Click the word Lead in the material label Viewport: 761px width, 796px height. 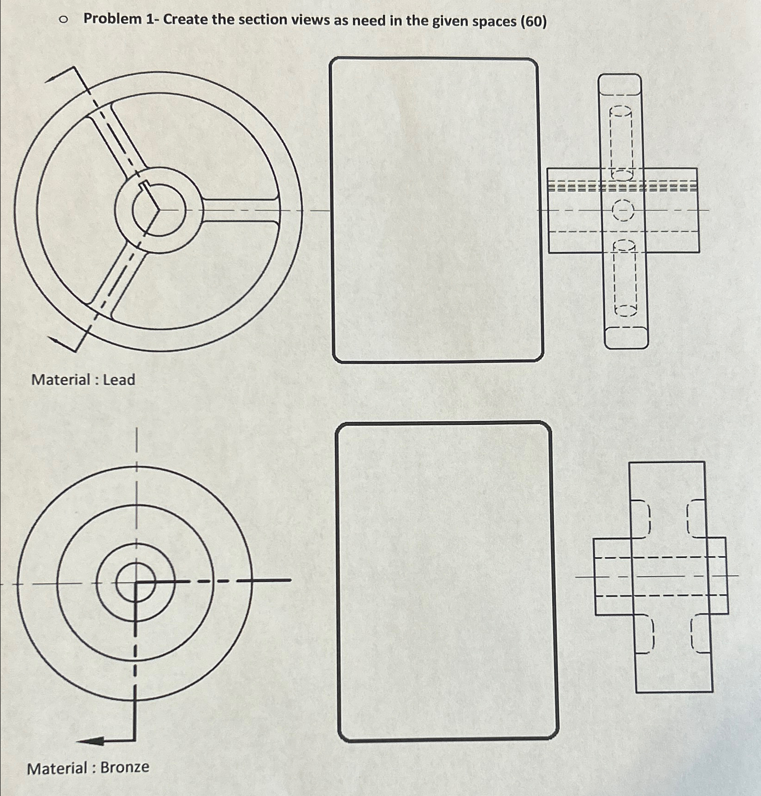[119, 380]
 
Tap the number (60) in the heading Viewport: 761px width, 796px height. [533, 21]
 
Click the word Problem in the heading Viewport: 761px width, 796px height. [112, 19]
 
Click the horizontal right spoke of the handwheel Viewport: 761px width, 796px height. [240, 211]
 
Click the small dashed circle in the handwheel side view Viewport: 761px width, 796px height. [623, 212]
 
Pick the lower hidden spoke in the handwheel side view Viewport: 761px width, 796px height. [625, 279]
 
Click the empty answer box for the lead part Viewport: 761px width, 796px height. [436, 210]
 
